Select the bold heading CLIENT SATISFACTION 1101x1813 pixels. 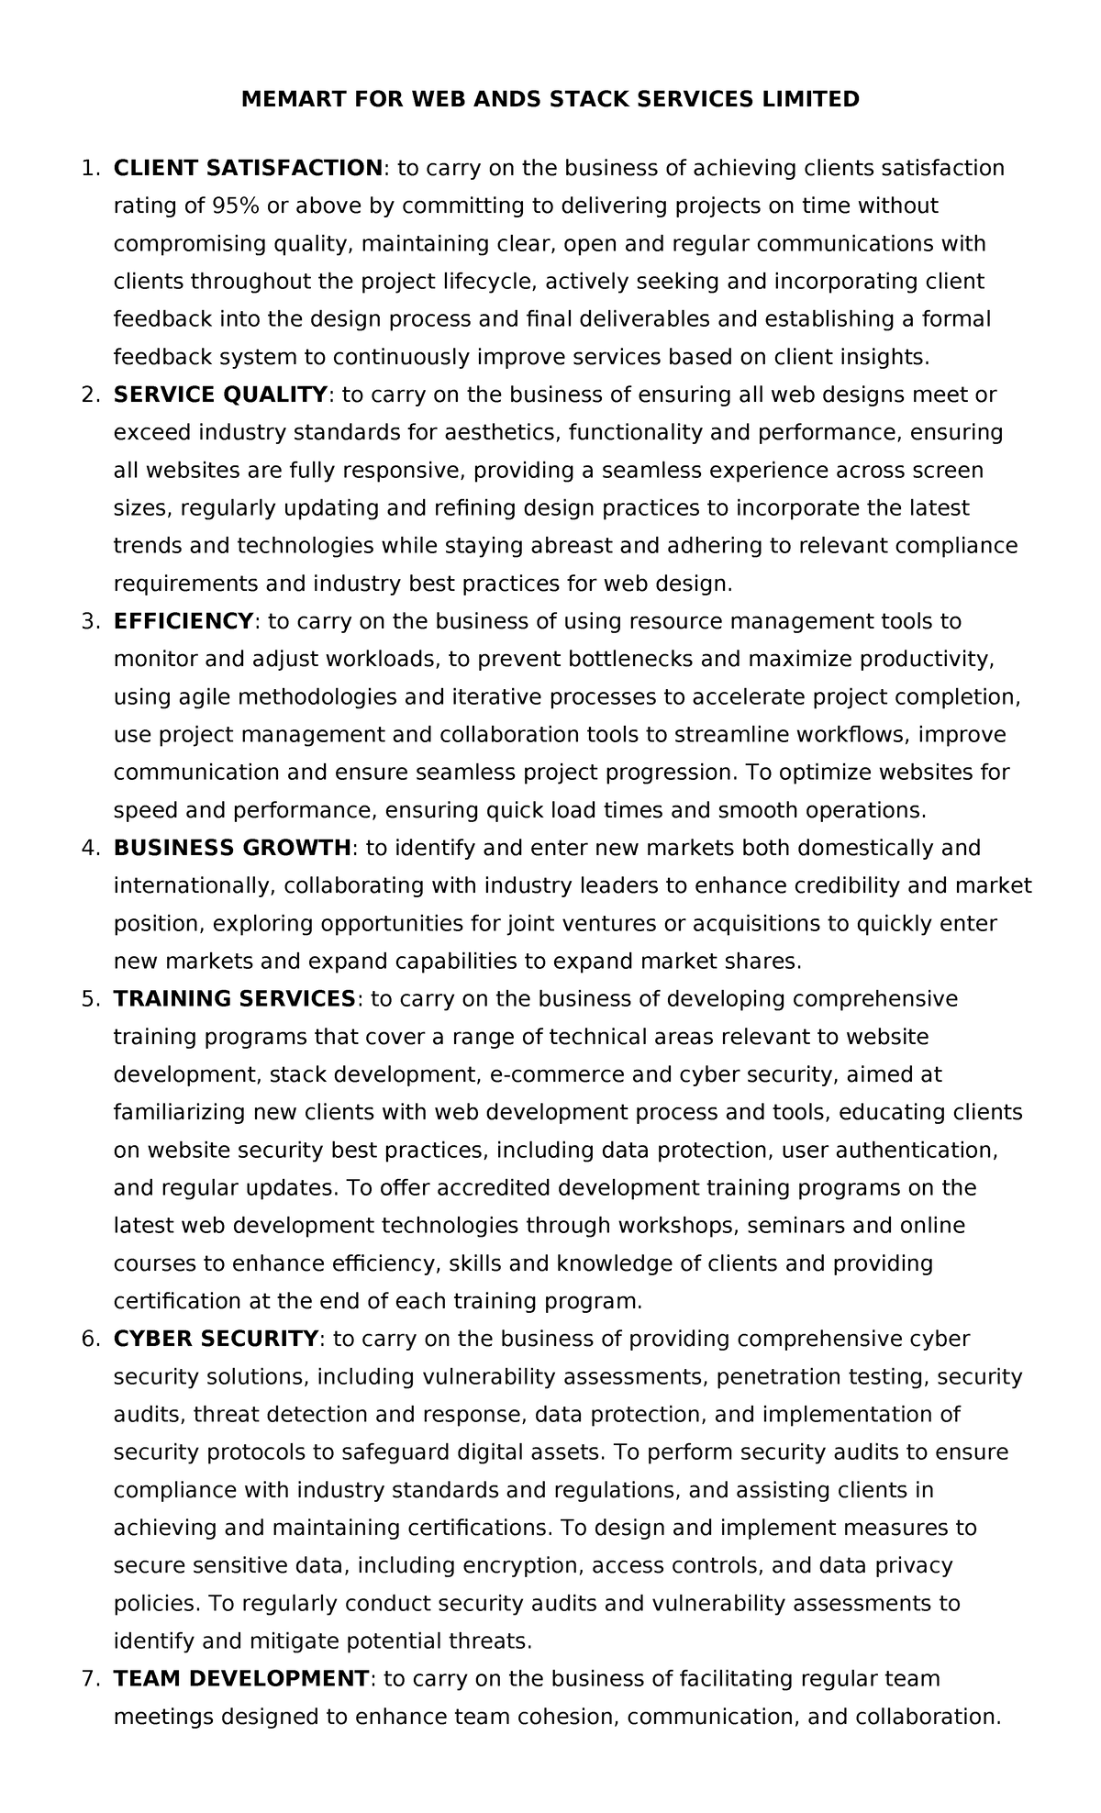point(248,168)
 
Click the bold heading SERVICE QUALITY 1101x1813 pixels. point(220,395)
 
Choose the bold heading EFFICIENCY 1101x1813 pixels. point(183,621)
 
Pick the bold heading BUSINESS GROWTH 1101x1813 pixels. point(232,848)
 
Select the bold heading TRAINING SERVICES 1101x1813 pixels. point(234,998)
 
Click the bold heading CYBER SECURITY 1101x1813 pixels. point(216,1339)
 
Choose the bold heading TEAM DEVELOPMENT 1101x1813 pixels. point(240,1679)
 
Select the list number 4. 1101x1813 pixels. point(90,848)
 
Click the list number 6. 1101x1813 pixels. point(90,1339)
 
